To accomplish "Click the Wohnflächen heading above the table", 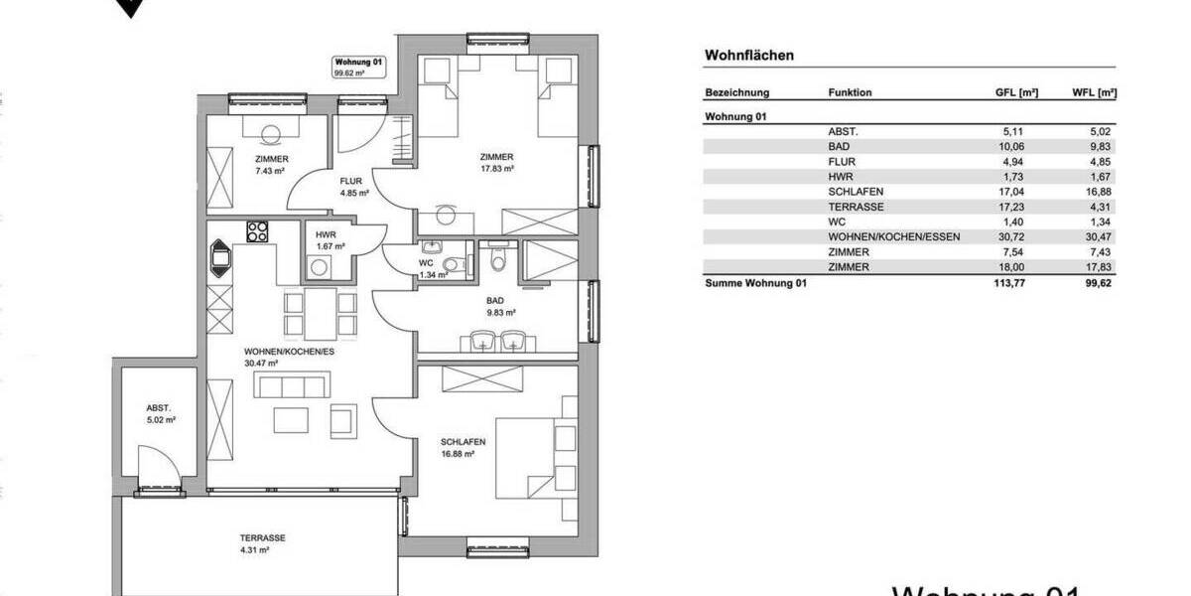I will point(748,56).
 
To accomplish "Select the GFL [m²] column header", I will point(1016,92).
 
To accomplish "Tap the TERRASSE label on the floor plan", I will point(262,537).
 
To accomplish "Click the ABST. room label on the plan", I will point(159,408).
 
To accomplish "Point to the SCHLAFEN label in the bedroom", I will point(463,442).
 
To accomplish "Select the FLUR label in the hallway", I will point(351,181).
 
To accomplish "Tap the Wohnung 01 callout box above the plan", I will point(358,67).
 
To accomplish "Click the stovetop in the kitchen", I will point(257,231).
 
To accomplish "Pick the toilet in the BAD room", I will point(497,259).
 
